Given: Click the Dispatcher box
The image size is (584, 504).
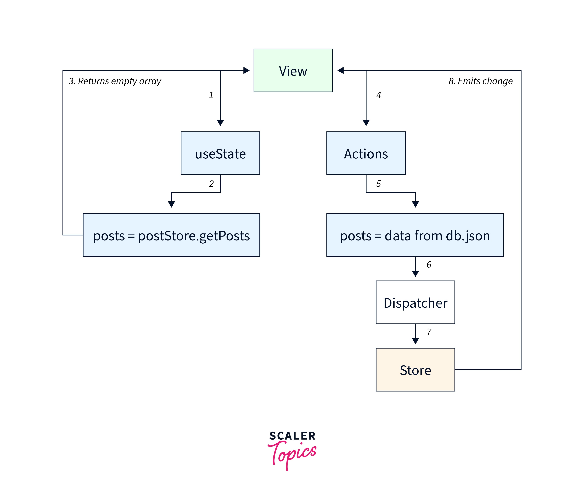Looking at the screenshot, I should (x=415, y=302).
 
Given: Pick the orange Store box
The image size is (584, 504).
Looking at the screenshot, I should (x=415, y=370).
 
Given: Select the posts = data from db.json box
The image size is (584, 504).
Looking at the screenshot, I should (x=415, y=235).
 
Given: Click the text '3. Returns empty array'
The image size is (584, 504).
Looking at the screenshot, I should (x=115, y=81).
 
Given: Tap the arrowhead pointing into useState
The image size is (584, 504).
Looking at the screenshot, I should (x=220, y=123).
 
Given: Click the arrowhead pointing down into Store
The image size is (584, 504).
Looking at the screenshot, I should (x=415, y=341).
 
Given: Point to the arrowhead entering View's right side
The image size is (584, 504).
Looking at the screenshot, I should (x=340, y=70).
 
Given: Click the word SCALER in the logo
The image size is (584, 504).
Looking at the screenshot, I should (x=292, y=436).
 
